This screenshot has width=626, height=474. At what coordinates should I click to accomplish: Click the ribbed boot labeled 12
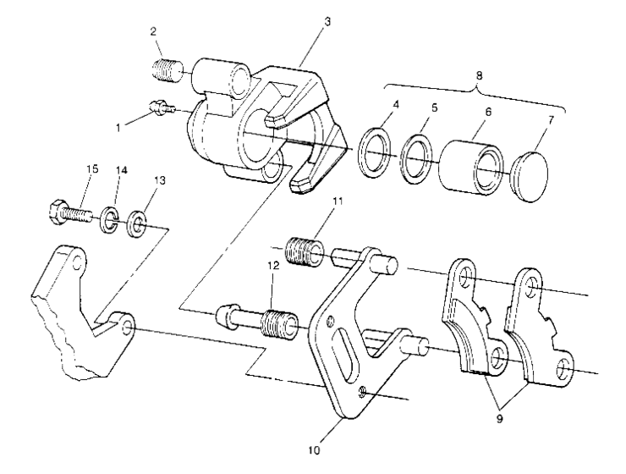coord(277,324)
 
